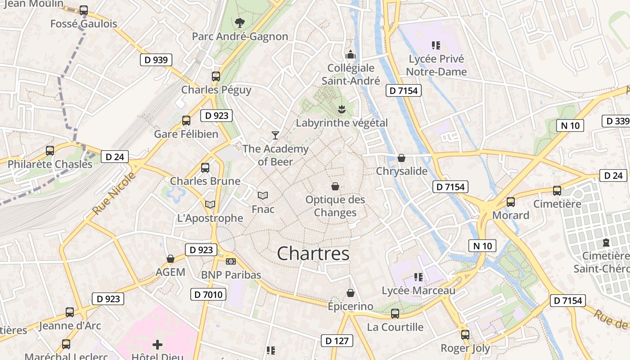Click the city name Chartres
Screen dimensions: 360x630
(x=313, y=254)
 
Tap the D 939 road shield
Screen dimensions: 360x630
(x=156, y=59)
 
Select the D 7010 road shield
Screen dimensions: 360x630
(x=208, y=295)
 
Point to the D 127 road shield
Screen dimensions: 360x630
(x=337, y=341)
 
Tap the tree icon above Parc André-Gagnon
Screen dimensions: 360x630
(x=240, y=22)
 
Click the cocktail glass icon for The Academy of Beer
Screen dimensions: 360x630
(x=275, y=135)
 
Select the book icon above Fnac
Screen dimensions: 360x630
(x=263, y=195)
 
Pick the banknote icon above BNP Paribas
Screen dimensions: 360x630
(x=230, y=261)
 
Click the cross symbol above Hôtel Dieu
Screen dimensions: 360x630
(x=157, y=345)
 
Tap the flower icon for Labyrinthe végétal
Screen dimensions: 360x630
(x=342, y=109)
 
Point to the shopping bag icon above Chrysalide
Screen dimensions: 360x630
(x=401, y=158)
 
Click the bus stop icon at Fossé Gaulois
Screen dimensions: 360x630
(x=84, y=10)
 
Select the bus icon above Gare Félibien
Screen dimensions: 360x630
(x=186, y=121)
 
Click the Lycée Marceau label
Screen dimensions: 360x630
(x=418, y=291)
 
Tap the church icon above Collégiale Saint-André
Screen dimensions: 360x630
(x=351, y=55)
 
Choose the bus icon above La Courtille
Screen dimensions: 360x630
(x=395, y=314)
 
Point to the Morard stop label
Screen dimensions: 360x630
(x=511, y=215)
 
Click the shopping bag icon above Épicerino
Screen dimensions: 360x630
(x=351, y=293)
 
